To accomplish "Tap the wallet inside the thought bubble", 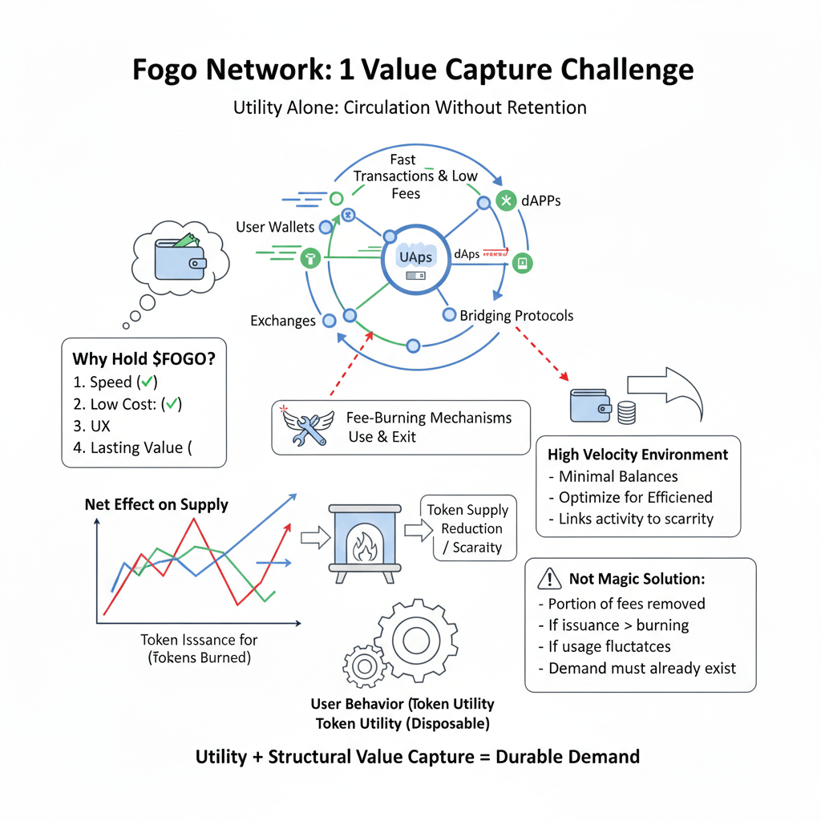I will [180, 254].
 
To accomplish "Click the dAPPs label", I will [540, 200].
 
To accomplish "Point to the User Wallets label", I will [275, 227].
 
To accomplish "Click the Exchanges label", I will [283, 321].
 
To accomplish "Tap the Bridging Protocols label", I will [516, 315].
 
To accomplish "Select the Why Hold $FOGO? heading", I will [144, 358].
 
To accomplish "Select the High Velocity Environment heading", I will [637, 455].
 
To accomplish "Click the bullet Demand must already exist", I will [641, 668].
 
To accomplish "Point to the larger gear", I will [415, 639].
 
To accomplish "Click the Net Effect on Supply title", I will [156, 505].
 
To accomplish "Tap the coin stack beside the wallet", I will [627, 412].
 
